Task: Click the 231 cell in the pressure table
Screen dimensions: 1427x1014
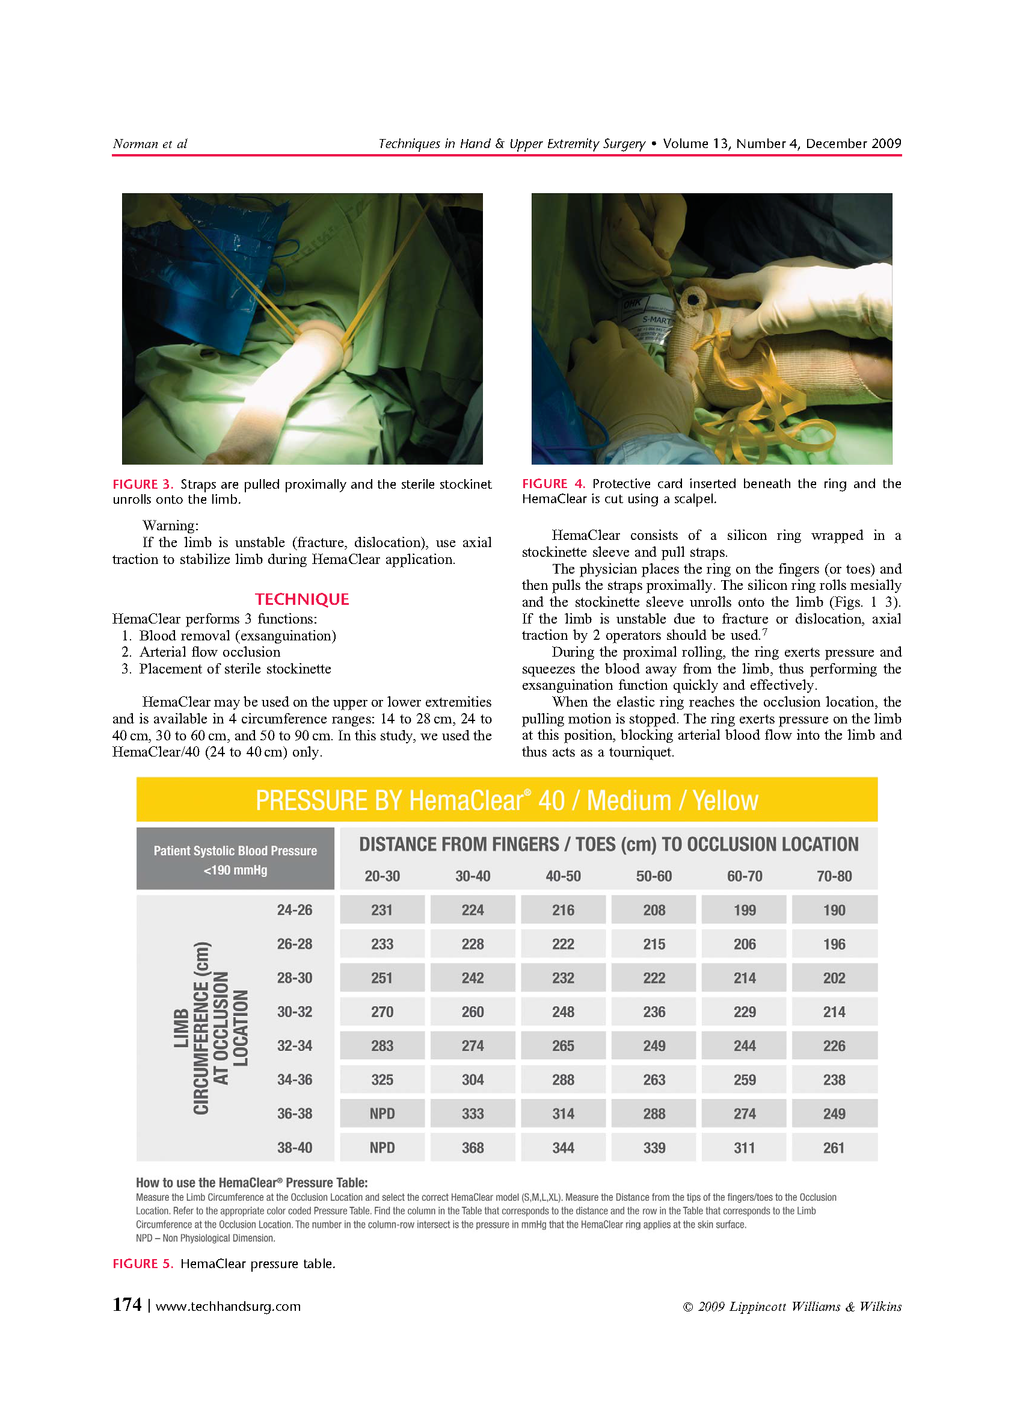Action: [381, 909]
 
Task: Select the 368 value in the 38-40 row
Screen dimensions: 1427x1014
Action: [472, 1147]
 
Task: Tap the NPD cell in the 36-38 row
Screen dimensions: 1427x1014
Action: [381, 1113]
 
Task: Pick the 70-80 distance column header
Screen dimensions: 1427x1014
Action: [834, 876]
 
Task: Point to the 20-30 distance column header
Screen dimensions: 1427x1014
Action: [381, 876]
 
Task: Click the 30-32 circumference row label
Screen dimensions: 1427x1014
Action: [294, 1012]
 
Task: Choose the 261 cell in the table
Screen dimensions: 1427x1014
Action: [834, 1147]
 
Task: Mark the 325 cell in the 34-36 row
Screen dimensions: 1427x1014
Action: [381, 1079]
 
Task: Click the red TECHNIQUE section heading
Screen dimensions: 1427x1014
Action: [301, 599]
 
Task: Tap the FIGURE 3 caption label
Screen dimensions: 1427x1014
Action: [143, 484]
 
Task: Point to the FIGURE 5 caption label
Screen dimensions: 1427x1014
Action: [143, 1263]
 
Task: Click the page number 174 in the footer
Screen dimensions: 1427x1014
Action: [127, 1305]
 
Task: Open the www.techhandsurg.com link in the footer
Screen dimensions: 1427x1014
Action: [228, 1307]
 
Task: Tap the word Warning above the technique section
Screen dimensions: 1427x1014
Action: [170, 525]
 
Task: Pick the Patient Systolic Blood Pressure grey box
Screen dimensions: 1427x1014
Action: [235, 858]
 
